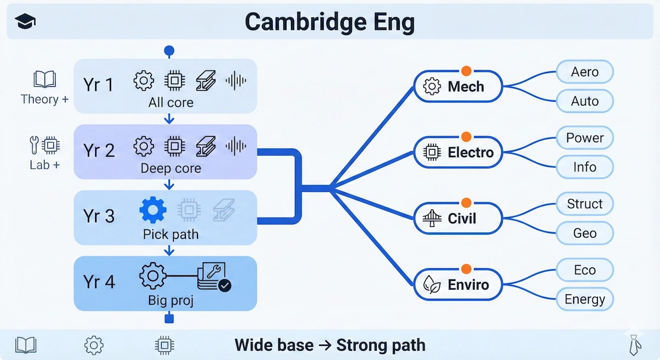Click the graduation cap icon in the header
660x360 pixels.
(x=26, y=23)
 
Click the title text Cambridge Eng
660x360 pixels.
(x=329, y=23)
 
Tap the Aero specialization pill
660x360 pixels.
(x=585, y=72)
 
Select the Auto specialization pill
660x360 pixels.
(x=585, y=101)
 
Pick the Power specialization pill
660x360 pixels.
(x=585, y=138)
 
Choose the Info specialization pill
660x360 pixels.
(x=585, y=167)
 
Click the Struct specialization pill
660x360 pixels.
(x=585, y=204)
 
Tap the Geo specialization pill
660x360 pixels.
(x=585, y=233)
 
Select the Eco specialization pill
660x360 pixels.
(x=585, y=270)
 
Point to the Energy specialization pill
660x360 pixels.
(x=585, y=300)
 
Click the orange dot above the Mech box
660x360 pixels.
(x=466, y=70)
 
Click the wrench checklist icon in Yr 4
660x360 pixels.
(x=214, y=277)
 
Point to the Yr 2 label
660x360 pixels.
(x=98, y=150)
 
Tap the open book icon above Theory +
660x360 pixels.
(x=45, y=80)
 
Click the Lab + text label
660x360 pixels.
(x=45, y=165)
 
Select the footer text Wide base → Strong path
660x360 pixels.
(x=329, y=345)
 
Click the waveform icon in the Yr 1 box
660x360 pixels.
(x=236, y=81)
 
